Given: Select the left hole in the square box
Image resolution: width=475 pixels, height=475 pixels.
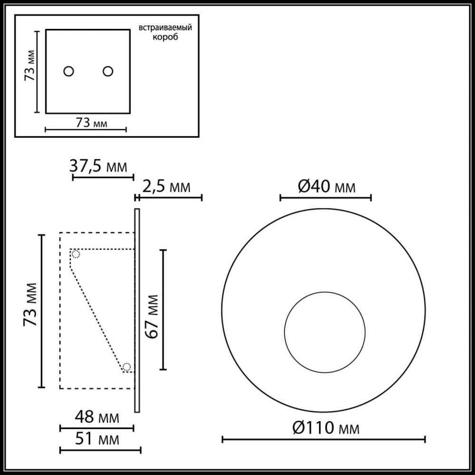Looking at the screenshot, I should [x=69, y=71].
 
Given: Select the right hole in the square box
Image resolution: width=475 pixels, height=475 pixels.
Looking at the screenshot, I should [x=108, y=71].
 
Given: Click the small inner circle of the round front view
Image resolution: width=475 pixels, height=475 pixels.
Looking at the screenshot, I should [x=324, y=332].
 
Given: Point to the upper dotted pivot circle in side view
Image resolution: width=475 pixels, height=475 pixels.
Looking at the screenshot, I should [x=76, y=254].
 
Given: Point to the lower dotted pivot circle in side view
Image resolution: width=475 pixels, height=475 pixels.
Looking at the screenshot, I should [x=126, y=367].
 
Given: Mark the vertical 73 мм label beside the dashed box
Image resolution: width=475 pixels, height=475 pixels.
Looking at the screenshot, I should [x=31, y=311].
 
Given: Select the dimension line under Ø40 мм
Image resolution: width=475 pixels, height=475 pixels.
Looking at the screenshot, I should [x=325, y=197].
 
